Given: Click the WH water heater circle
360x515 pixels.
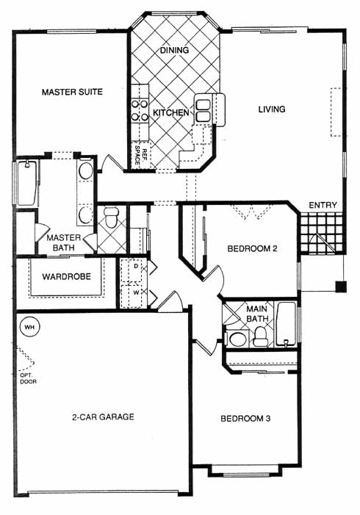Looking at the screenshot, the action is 29,327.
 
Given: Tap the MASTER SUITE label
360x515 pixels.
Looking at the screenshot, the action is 72,92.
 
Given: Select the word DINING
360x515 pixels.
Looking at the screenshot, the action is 174,50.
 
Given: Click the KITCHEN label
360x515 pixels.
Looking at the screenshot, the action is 171,112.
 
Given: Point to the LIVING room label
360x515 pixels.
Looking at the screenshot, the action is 272,109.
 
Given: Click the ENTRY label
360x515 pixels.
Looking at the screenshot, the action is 323,205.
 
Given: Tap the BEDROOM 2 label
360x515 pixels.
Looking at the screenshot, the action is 252,248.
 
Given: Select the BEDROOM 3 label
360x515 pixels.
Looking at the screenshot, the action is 245,419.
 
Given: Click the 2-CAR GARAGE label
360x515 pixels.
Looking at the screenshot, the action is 103,417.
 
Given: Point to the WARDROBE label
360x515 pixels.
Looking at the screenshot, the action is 67,276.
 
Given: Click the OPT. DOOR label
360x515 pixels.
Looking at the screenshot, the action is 28,378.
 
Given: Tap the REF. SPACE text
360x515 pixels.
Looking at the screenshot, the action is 140,154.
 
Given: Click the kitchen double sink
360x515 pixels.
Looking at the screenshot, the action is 203,110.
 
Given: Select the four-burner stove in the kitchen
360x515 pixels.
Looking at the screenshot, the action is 140,110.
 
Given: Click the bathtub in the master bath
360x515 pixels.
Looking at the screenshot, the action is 26,183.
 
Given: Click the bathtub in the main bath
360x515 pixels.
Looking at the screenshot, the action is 286,324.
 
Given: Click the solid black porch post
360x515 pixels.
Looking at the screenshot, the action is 341,287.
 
